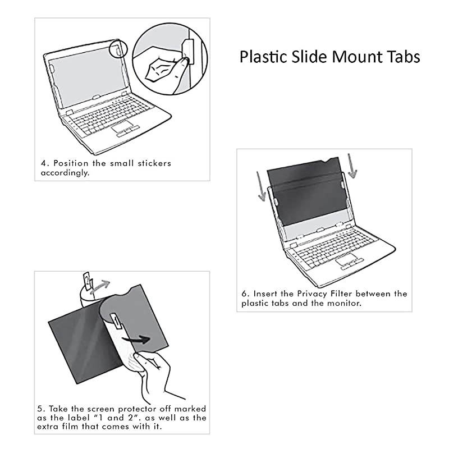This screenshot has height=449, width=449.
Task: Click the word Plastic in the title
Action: (263, 57)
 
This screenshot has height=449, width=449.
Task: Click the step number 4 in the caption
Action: (43, 163)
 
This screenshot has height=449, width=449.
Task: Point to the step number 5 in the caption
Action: (43, 409)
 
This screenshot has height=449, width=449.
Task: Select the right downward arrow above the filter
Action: (351, 166)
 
